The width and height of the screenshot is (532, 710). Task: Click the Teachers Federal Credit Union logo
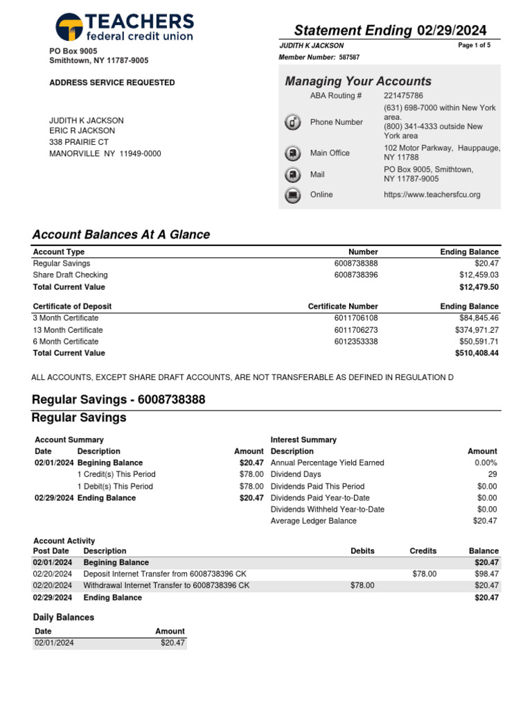click(124, 26)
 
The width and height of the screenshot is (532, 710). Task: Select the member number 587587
click(349, 58)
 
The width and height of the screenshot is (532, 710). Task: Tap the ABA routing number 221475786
click(403, 96)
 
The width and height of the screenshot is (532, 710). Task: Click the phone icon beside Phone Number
click(293, 123)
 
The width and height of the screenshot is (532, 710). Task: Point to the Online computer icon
click(293, 195)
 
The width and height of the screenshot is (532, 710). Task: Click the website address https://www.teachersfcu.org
click(432, 195)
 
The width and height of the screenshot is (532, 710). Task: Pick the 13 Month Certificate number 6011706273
click(356, 330)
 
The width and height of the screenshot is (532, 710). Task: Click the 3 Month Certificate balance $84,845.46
click(477, 318)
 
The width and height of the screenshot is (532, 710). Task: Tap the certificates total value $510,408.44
click(477, 353)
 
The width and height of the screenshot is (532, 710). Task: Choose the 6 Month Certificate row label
click(66, 342)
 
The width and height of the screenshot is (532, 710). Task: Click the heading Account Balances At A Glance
click(121, 235)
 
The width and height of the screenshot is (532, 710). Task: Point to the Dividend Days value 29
click(493, 474)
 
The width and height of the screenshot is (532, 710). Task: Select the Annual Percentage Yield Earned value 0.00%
click(486, 462)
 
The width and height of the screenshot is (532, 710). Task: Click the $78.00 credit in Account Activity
click(424, 574)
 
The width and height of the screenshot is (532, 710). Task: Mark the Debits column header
click(362, 551)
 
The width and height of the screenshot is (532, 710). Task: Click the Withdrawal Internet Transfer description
click(166, 586)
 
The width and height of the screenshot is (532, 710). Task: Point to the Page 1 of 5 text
click(475, 45)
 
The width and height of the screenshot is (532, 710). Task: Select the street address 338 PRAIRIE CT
click(79, 142)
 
